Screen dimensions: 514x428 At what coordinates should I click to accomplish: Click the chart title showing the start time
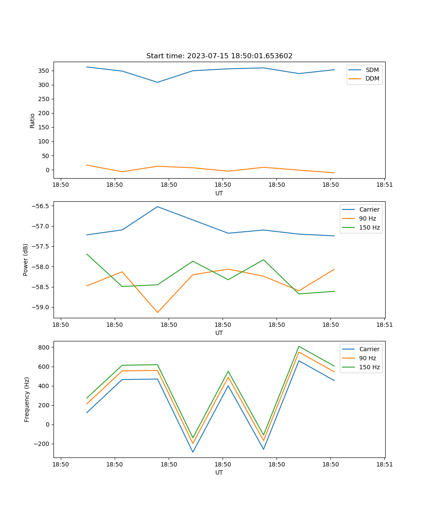219,56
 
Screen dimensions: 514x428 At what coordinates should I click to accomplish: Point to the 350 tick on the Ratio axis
44,71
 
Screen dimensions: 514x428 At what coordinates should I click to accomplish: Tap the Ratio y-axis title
32,120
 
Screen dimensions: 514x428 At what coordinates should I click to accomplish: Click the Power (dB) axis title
26,260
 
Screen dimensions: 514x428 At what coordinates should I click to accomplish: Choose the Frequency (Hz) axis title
27,399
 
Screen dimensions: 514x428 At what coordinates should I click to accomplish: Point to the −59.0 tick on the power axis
41,307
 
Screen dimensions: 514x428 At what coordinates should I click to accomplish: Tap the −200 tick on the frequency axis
42,444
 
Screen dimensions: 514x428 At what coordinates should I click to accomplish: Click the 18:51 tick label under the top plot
384,185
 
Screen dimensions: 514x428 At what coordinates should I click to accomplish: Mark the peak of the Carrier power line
158,206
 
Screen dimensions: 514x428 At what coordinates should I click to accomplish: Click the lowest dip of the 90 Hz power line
158,312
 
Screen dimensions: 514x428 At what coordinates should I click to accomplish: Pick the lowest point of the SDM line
158,82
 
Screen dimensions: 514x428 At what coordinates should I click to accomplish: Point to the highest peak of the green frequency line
299,346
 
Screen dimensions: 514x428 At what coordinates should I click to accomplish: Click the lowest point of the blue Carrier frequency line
193,452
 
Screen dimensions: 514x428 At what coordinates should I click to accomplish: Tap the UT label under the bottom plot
219,472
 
